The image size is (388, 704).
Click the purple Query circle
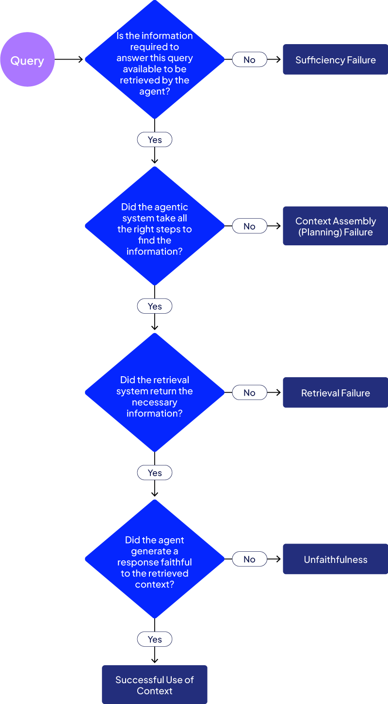27,60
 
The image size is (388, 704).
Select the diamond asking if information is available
155,59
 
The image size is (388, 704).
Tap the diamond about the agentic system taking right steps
155,226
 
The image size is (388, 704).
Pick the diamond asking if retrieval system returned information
155,392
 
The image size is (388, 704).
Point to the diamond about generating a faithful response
155,559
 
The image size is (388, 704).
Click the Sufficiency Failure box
335,60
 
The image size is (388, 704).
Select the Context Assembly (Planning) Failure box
335,226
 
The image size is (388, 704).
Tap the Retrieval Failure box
335,393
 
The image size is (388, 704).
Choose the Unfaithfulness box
335,559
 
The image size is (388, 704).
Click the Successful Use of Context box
155,685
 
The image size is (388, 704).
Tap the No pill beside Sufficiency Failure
249,60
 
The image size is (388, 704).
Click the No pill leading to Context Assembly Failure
249,226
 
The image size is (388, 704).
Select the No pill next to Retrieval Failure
249,393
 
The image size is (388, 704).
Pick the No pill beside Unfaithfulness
249,559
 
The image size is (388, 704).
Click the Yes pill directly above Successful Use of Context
155,639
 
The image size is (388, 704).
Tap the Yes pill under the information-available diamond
155,140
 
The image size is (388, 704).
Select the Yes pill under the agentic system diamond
155,306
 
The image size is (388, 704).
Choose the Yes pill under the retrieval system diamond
155,473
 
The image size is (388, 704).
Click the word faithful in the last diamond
175,562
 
